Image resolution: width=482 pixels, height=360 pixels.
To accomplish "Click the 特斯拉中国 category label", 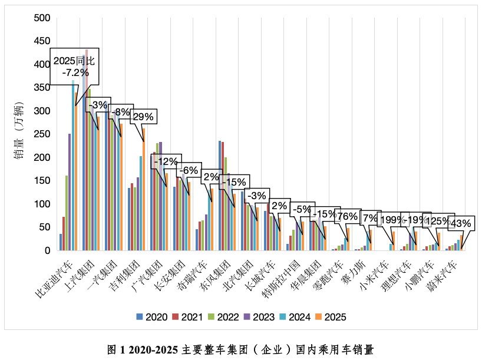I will point(283,276).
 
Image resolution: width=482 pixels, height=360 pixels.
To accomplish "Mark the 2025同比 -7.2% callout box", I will point(74,66).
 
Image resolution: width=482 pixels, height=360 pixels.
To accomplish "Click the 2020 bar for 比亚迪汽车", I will point(61,242).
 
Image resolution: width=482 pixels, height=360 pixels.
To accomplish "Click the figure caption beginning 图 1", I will point(240,349).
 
